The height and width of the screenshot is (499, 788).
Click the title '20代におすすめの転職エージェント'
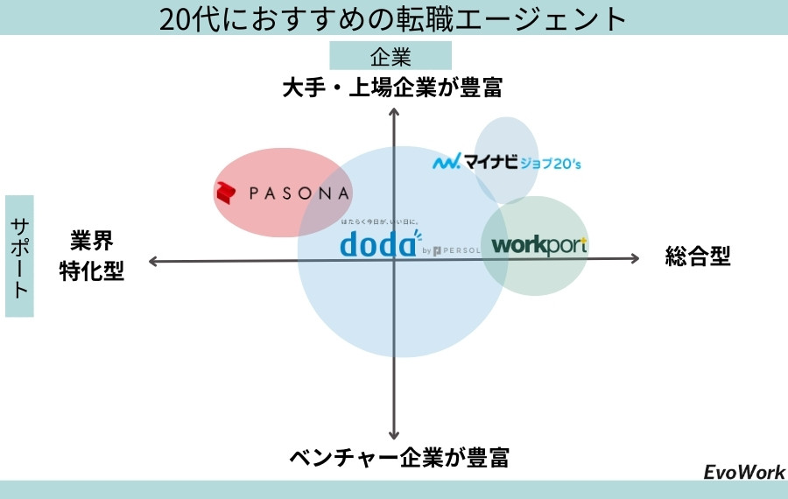[x=394, y=18]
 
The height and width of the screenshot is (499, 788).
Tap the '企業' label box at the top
[x=390, y=57]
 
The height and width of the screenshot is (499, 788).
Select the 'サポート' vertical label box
[x=19, y=256]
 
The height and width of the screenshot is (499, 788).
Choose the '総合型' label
[x=698, y=257]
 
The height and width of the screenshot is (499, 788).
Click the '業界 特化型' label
[x=92, y=257]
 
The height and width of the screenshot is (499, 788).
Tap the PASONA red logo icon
[x=228, y=193]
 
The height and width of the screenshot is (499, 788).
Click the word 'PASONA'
[x=299, y=193]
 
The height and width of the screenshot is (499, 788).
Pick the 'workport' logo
[x=538, y=246]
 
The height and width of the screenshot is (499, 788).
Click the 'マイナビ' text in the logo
[x=491, y=162]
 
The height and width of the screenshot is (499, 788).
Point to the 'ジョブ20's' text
[x=551, y=163]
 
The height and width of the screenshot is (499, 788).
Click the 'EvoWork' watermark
[x=744, y=472]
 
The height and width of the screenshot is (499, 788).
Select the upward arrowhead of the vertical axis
[x=394, y=111]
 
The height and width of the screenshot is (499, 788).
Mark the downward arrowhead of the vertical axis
[x=394, y=434]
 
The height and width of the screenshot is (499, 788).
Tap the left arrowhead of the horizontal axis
[x=153, y=261]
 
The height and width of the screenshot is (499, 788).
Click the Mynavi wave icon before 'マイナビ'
[x=447, y=162]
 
